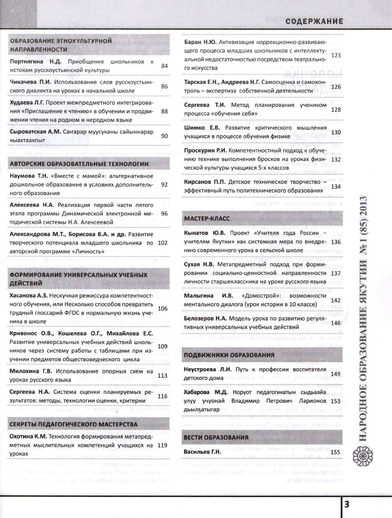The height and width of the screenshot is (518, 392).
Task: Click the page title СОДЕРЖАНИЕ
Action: click(314, 22)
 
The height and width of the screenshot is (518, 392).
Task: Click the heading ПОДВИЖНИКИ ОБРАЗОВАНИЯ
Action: click(229, 355)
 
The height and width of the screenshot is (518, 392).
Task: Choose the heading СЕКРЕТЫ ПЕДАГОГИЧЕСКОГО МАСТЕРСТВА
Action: click(74, 424)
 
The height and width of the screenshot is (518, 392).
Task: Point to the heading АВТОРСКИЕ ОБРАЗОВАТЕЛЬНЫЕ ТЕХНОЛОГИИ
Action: click(79, 164)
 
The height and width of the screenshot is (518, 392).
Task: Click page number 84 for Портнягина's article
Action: click(165, 66)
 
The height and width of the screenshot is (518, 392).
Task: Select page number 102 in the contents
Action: click(163, 243)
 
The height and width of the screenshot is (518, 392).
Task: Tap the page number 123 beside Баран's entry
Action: click(335, 55)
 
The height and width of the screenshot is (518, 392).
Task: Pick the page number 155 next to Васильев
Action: click(335, 452)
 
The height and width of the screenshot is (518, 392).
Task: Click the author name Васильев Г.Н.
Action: click(202, 452)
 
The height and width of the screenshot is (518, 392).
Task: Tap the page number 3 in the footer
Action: click(346, 504)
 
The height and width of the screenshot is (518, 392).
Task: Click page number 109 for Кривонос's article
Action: click(163, 346)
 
